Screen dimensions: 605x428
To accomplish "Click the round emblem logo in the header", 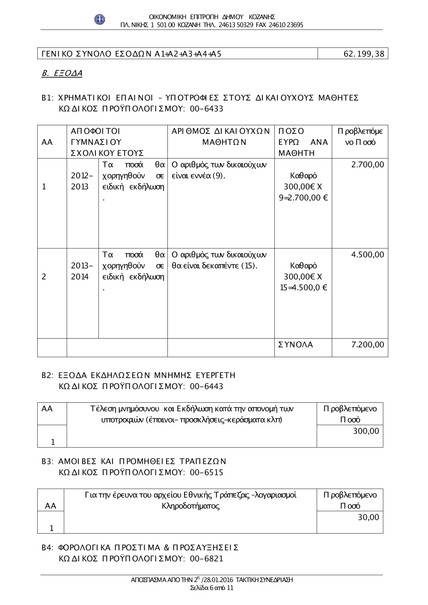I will [x=100, y=19].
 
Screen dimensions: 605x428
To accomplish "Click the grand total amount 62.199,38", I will [x=364, y=53].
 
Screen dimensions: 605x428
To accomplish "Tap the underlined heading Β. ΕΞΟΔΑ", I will [x=62, y=73].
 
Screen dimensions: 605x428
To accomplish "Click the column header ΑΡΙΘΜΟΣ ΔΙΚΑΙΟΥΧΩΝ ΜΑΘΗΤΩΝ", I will [x=220, y=136].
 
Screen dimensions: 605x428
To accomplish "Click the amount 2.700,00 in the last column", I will [x=368, y=165].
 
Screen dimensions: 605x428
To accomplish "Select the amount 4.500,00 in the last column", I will [x=368, y=255].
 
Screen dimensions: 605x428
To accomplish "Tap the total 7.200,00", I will [x=368, y=345].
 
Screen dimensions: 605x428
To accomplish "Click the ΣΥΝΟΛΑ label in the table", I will [x=296, y=345].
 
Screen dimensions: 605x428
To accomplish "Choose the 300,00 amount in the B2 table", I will [x=366, y=431].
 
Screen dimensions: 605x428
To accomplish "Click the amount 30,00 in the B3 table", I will [x=369, y=517].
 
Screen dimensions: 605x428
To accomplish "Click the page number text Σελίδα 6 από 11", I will [x=212, y=588].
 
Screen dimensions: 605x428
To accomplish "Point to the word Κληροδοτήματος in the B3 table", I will [x=190, y=506].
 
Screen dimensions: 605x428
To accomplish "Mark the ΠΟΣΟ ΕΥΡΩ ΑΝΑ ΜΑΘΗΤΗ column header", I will [x=303, y=142].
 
